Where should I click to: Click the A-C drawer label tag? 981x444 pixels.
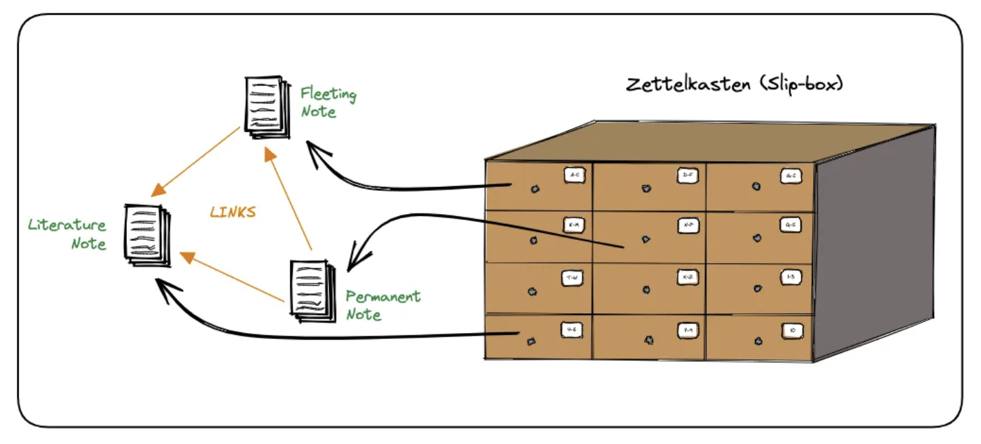(x=574, y=175)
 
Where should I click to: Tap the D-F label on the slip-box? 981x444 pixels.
(x=687, y=175)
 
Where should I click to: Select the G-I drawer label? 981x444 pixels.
(x=791, y=176)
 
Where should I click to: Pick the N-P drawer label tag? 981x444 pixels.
(x=687, y=225)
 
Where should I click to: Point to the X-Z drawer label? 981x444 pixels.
(x=687, y=277)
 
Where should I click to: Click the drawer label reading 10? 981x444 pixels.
(x=791, y=329)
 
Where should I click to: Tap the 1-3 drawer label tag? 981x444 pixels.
(x=791, y=277)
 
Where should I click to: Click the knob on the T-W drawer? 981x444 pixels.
(x=531, y=290)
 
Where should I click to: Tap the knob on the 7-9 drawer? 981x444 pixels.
(x=648, y=341)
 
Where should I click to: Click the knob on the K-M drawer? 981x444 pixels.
(x=533, y=240)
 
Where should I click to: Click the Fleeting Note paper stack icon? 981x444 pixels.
(x=267, y=107)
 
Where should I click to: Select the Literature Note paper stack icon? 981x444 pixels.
(x=147, y=235)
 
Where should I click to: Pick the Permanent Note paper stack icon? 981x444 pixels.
(x=311, y=291)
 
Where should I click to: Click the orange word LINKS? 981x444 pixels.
(x=233, y=212)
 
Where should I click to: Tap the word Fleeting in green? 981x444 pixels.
(x=328, y=94)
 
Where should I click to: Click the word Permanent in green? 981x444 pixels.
(x=383, y=295)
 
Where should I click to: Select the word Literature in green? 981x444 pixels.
(x=67, y=225)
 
